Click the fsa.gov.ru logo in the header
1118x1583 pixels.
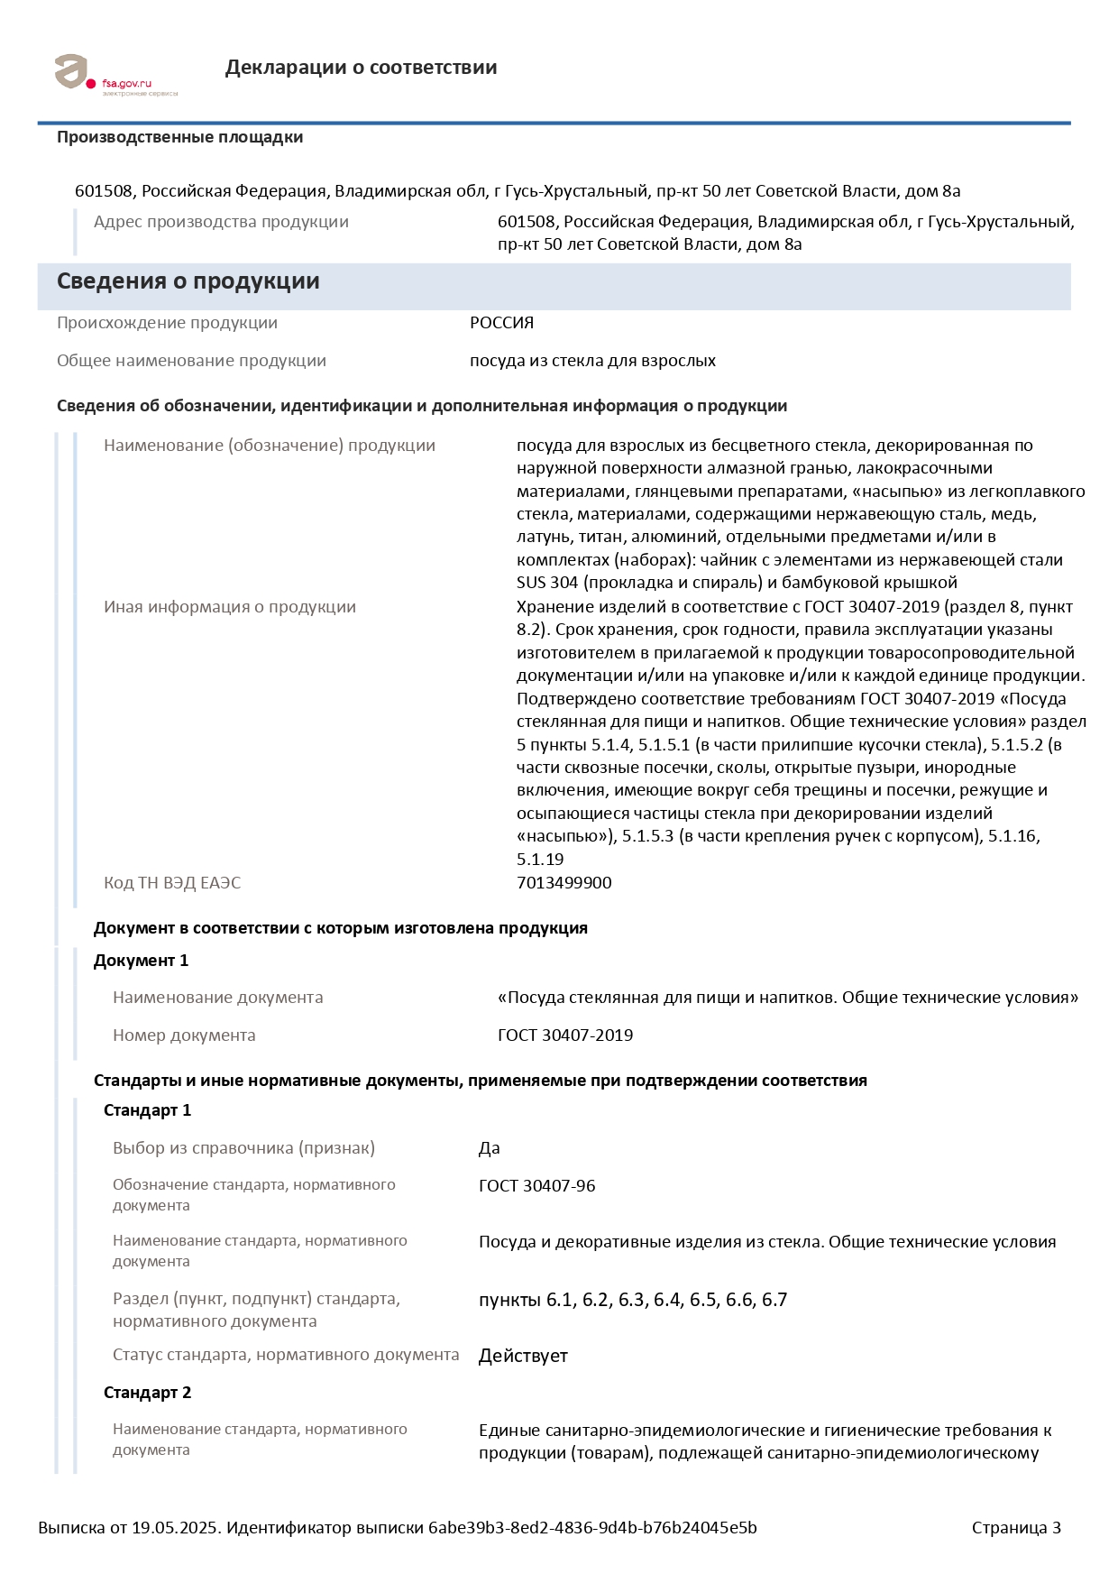115,74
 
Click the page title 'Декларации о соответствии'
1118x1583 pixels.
361,68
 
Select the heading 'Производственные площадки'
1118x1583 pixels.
179,137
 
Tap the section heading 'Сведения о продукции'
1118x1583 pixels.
188,281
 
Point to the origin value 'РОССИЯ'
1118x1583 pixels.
501,323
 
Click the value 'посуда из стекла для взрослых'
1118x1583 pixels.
592,361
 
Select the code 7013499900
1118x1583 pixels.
564,882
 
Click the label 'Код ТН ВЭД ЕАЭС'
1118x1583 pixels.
172,882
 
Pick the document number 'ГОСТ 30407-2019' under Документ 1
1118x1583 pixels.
564,1035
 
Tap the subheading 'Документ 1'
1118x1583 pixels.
141,961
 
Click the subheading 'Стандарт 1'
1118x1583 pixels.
147,1110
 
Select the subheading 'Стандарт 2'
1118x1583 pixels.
147,1393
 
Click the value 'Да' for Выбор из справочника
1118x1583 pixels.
489,1148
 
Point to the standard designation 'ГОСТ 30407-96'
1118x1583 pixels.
536,1186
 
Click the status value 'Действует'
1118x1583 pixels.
523,1356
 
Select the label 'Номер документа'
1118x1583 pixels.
184,1035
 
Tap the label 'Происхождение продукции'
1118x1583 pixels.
167,323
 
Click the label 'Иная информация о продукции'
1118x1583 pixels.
229,607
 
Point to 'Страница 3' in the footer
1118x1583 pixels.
1015,1527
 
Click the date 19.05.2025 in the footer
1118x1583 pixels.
175,1527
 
